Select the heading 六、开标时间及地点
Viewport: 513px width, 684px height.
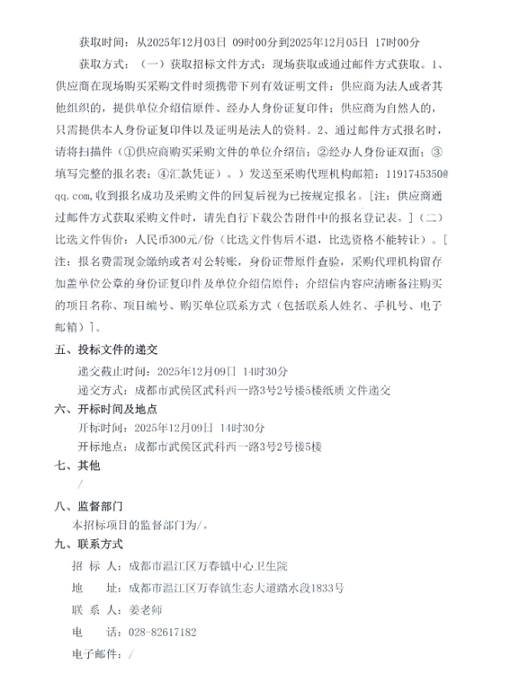point(107,408)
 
